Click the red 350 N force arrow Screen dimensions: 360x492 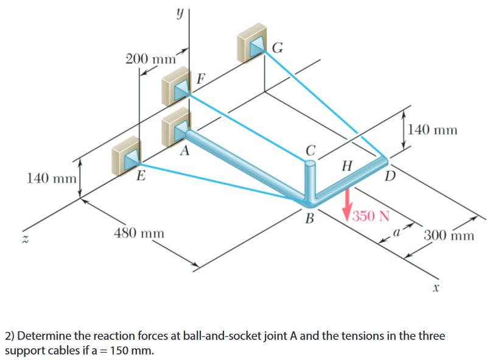point(348,203)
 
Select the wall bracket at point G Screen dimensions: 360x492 point(252,41)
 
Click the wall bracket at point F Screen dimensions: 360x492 point(177,89)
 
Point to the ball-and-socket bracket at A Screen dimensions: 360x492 point(177,127)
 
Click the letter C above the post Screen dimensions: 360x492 point(311,150)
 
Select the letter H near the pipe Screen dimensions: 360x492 point(347,166)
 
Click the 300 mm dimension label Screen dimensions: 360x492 point(449,235)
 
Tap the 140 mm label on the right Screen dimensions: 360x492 point(433,129)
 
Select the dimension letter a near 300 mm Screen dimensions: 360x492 point(396,231)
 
